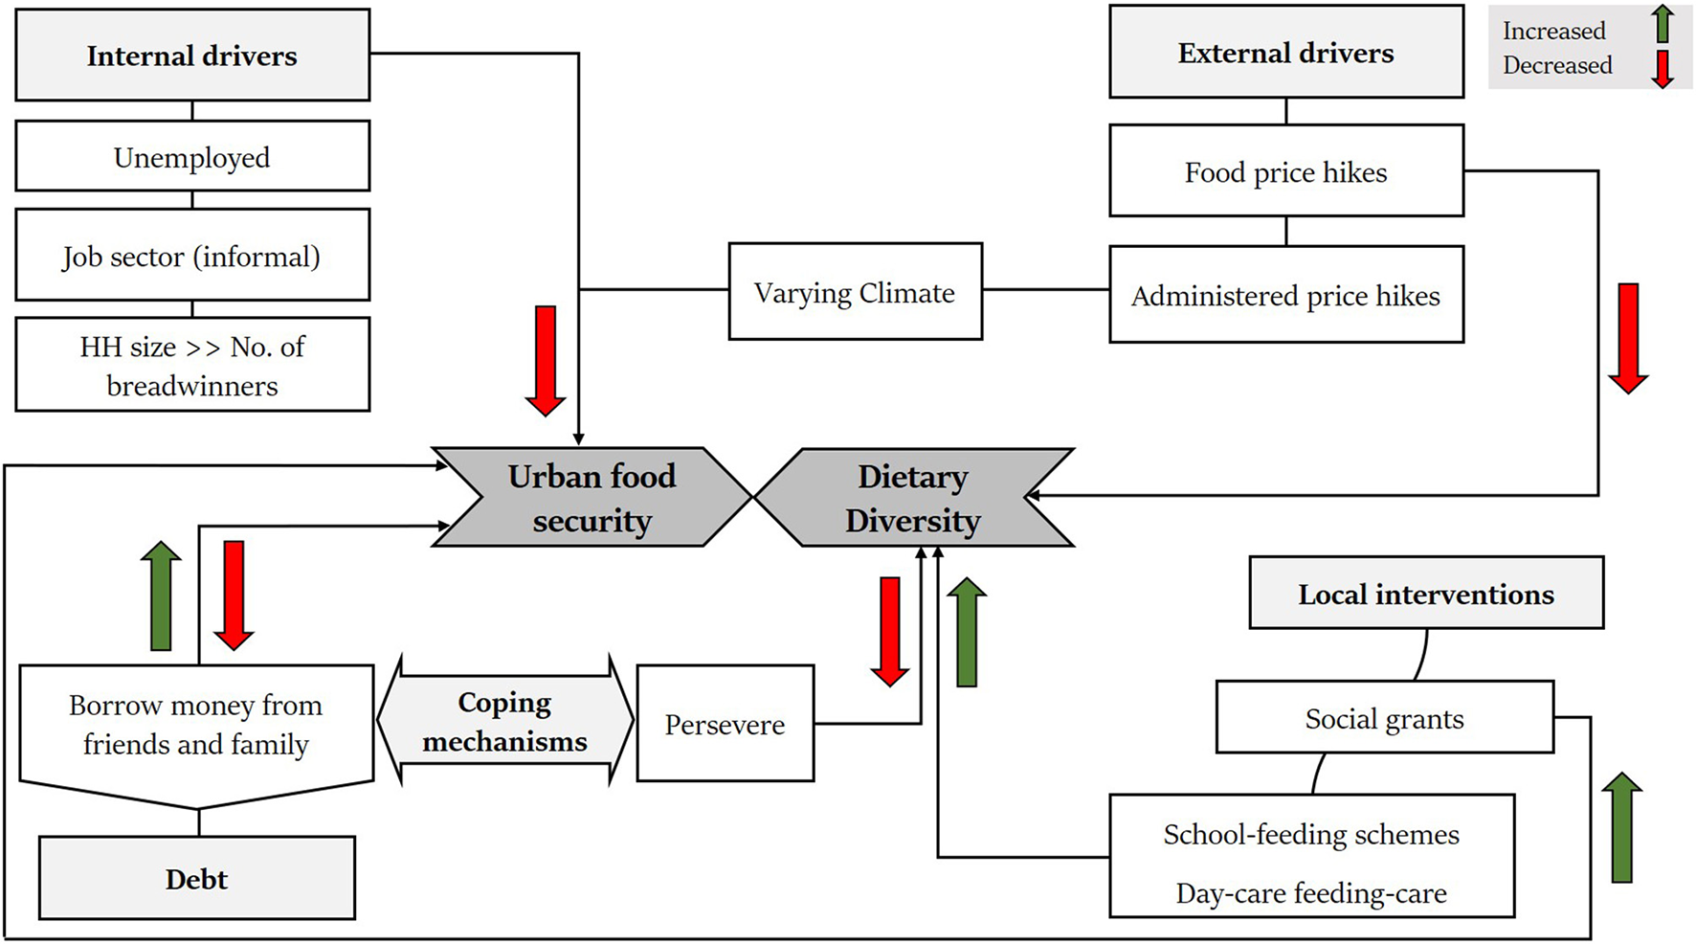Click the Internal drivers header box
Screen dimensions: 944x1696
192,56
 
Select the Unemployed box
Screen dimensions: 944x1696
192,157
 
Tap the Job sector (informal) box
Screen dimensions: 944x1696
192,257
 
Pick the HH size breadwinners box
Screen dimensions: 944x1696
192,366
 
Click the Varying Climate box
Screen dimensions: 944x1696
855,292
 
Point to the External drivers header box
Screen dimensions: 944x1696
1285,53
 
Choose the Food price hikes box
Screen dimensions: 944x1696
1285,172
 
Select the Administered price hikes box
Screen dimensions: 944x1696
1285,296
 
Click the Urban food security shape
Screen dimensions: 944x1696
591,498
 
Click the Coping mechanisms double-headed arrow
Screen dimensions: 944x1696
504,722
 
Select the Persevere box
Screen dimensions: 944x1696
725,725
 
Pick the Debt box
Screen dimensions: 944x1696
196,879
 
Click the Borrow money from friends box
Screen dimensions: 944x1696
196,725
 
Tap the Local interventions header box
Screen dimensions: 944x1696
1425,595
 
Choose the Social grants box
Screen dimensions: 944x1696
1384,719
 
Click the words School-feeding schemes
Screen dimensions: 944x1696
1311,835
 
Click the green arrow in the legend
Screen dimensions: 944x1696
1663,25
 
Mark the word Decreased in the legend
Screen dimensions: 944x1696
1557,66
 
